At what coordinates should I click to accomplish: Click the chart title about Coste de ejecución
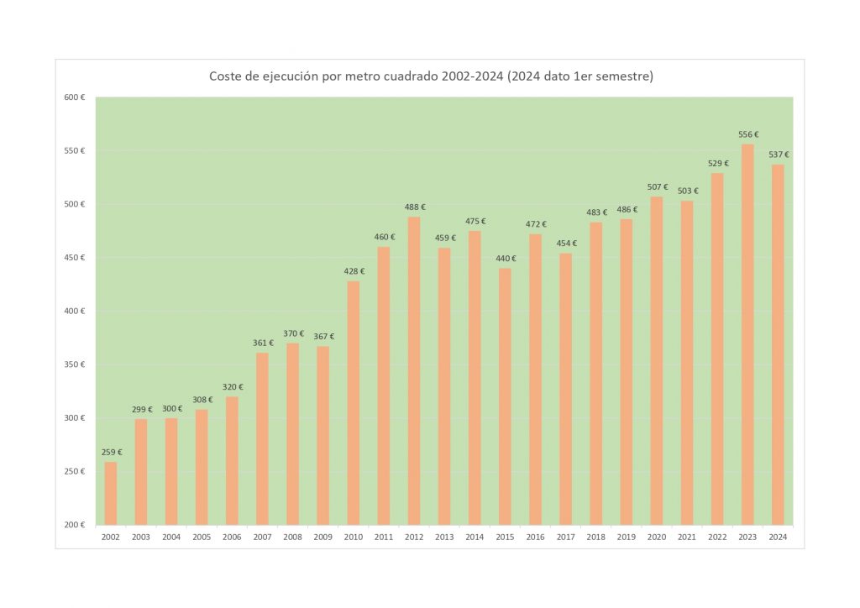click(x=431, y=76)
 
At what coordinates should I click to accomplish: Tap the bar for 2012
click(x=414, y=370)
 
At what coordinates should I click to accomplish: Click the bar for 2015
click(x=505, y=395)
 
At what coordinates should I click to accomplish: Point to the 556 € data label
click(x=747, y=134)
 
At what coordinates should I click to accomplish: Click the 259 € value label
click(x=111, y=452)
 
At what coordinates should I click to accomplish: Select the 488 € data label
click(x=414, y=207)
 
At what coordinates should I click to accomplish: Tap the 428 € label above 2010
click(x=354, y=270)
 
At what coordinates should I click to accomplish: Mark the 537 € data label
click(x=778, y=155)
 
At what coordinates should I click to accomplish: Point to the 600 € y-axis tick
click(x=76, y=98)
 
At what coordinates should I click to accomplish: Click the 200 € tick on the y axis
click(x=76, y=525)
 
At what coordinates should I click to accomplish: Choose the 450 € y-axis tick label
click(x=76, y=258)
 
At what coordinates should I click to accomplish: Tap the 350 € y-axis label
click(x=76, y=364)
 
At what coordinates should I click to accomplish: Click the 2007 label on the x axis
click(x=262, y=537)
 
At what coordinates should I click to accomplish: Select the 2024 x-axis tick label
click(x=778, y=537)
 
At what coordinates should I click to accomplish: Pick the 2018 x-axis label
click(x=595, y=537)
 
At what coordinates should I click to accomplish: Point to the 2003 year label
click(x=141, y=537)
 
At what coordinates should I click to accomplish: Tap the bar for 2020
click(x=657, y=360)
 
